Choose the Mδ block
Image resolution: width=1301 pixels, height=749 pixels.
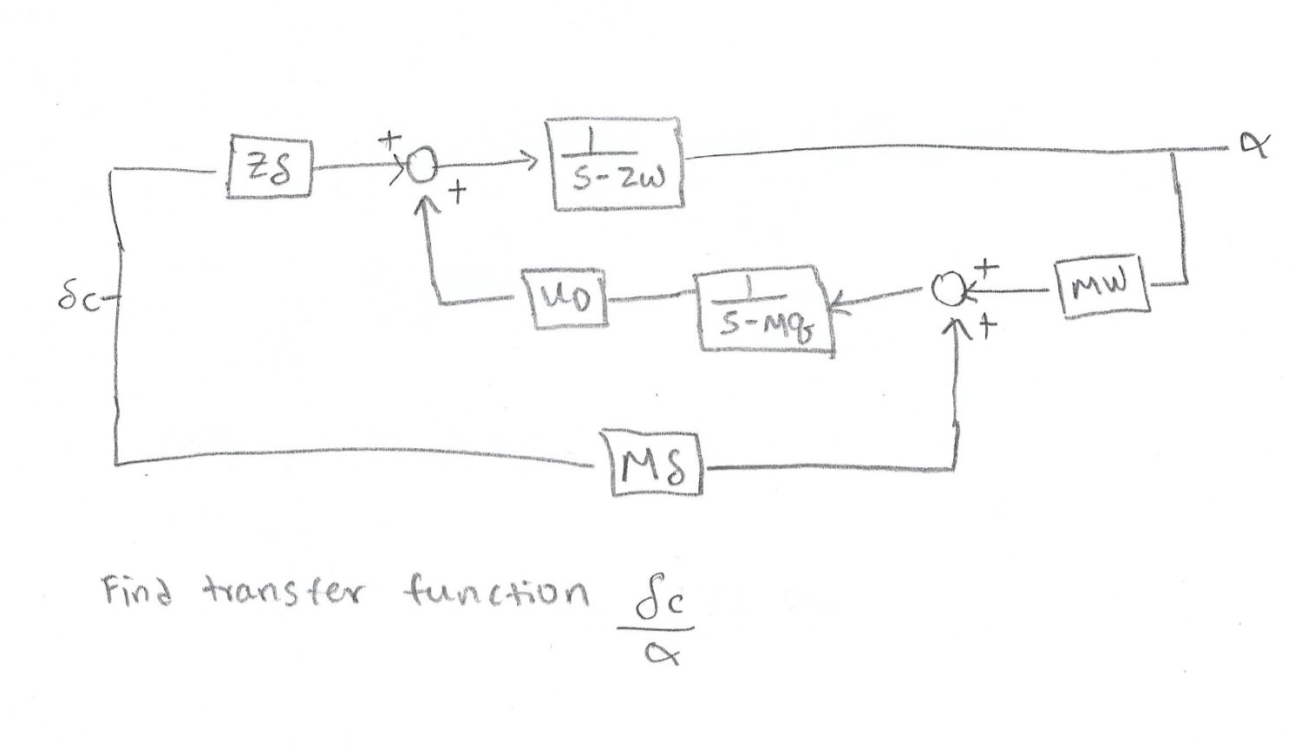click(x=656, y=462)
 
